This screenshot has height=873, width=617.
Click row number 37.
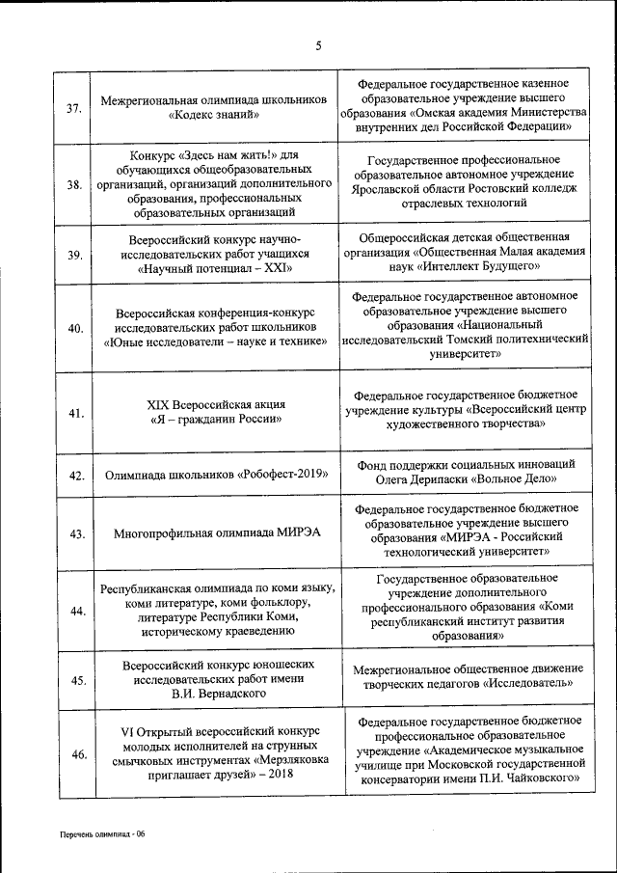74,107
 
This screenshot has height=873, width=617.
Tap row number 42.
74,476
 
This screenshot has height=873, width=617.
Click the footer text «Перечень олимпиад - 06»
100,832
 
